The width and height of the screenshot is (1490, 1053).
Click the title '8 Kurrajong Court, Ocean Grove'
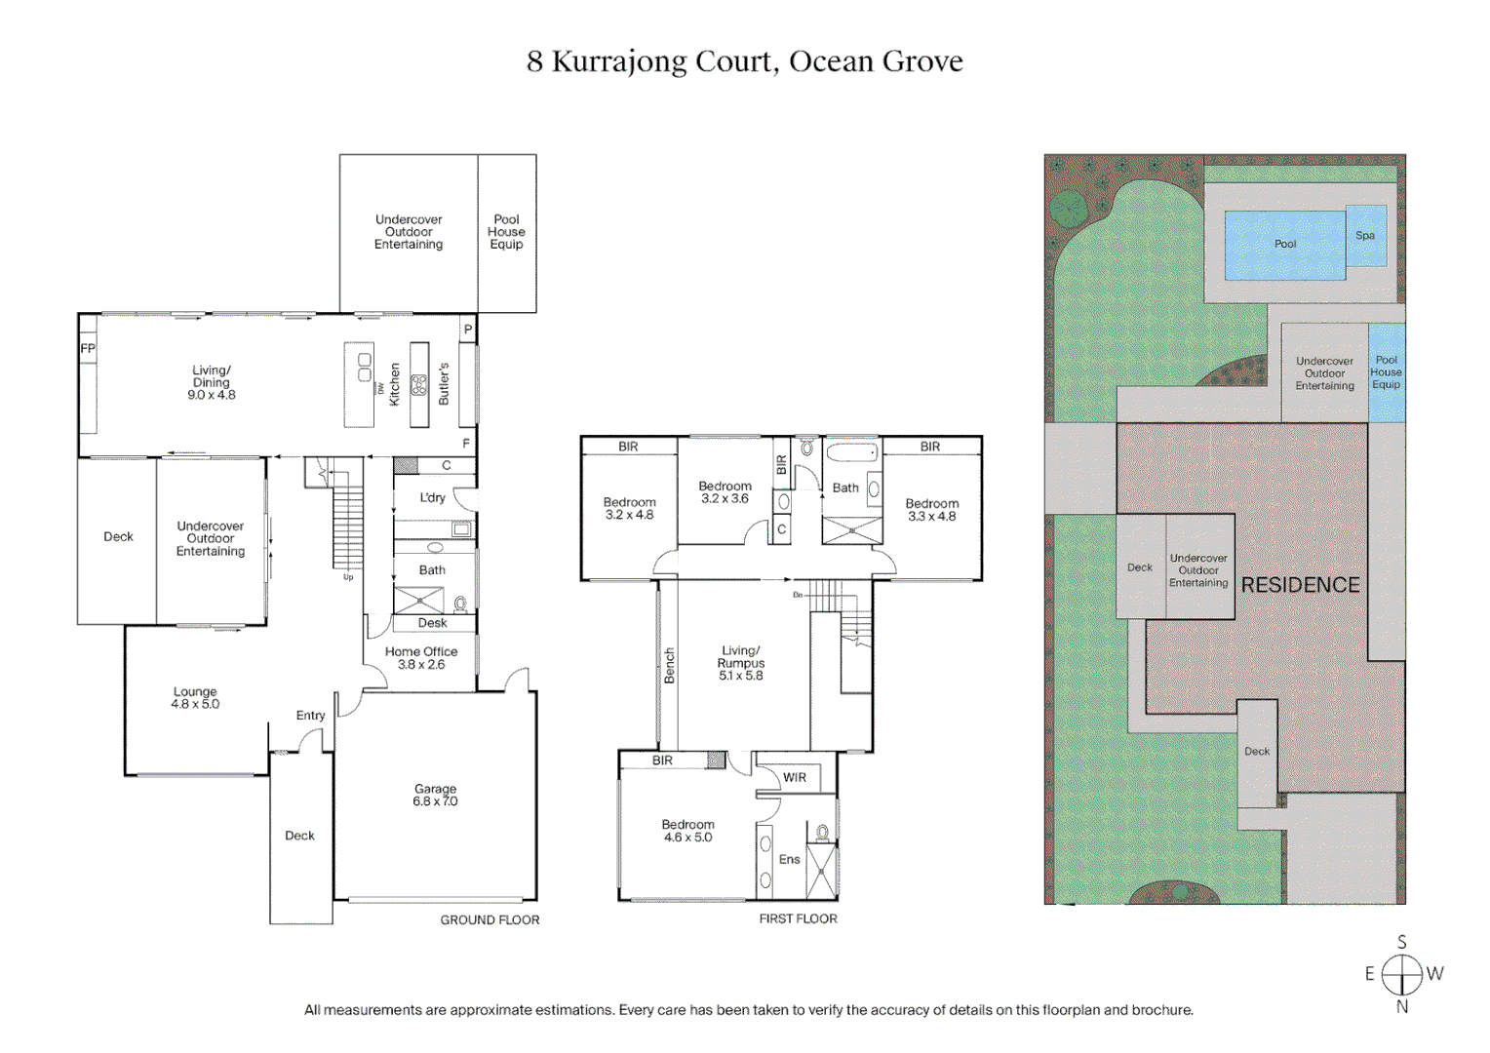[744, 61]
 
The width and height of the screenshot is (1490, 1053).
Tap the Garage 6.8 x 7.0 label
[435, 796]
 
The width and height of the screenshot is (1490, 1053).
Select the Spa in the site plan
[1365, 236]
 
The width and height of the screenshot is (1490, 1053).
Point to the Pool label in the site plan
[1285, 244]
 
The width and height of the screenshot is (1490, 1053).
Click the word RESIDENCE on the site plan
[1300, 585]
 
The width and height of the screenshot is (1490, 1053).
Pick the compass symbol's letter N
[1402, 1007]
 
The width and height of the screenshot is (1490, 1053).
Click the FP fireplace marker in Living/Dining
[88, 348]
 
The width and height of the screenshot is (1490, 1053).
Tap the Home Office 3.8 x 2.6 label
[421, 658]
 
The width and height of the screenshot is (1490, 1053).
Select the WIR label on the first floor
[795, 778]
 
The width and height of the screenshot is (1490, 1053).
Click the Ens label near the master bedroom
[789, 860]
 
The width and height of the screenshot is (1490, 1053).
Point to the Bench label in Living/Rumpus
[669, 665]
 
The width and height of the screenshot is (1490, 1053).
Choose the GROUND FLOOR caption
[490, 920]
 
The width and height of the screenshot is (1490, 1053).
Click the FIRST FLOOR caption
[798, 919]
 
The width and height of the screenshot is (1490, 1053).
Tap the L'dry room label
[432, 498]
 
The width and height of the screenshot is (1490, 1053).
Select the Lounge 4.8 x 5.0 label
[195, 698]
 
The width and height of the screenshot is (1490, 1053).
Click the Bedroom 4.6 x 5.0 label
[687, 831]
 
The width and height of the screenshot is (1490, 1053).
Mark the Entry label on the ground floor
[310, 716]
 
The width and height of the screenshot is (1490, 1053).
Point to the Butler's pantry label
[444, 384]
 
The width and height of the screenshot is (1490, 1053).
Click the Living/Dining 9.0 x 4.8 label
[212, 382]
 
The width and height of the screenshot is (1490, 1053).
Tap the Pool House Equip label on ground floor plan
[506, 232]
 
